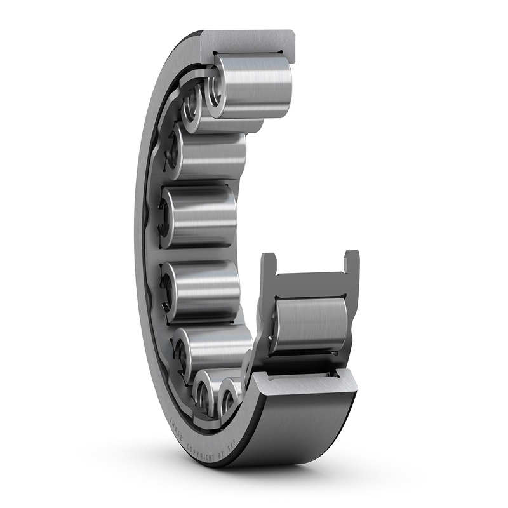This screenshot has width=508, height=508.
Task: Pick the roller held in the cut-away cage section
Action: tap(311, 324)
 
